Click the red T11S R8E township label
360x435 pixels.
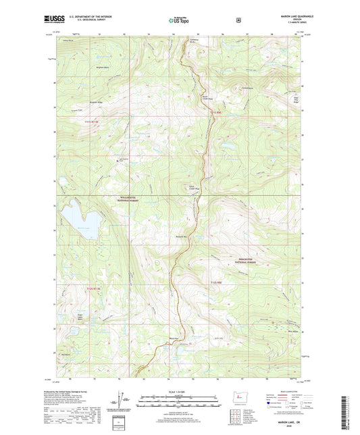pyautogui.click(x=215, y=112)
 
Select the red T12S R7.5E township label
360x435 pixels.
pyautogui.click(x=97, y=290)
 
